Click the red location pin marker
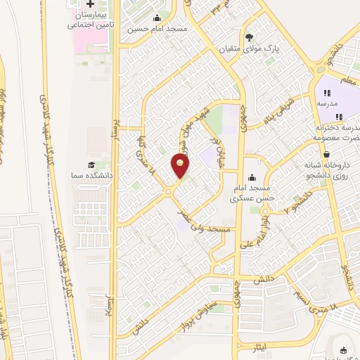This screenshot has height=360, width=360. pyautogui.click(x=181, y=165)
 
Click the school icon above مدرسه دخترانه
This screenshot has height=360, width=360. pyautogui.click(x=338, y=116)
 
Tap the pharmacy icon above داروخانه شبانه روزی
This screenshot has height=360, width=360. pyautogui.click(x=326, y=153)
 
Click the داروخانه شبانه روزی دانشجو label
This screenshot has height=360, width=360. pyautogui.click(x=326, y=169)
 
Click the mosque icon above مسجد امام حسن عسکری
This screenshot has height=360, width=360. pyautogui.click(x=252, y=177)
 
